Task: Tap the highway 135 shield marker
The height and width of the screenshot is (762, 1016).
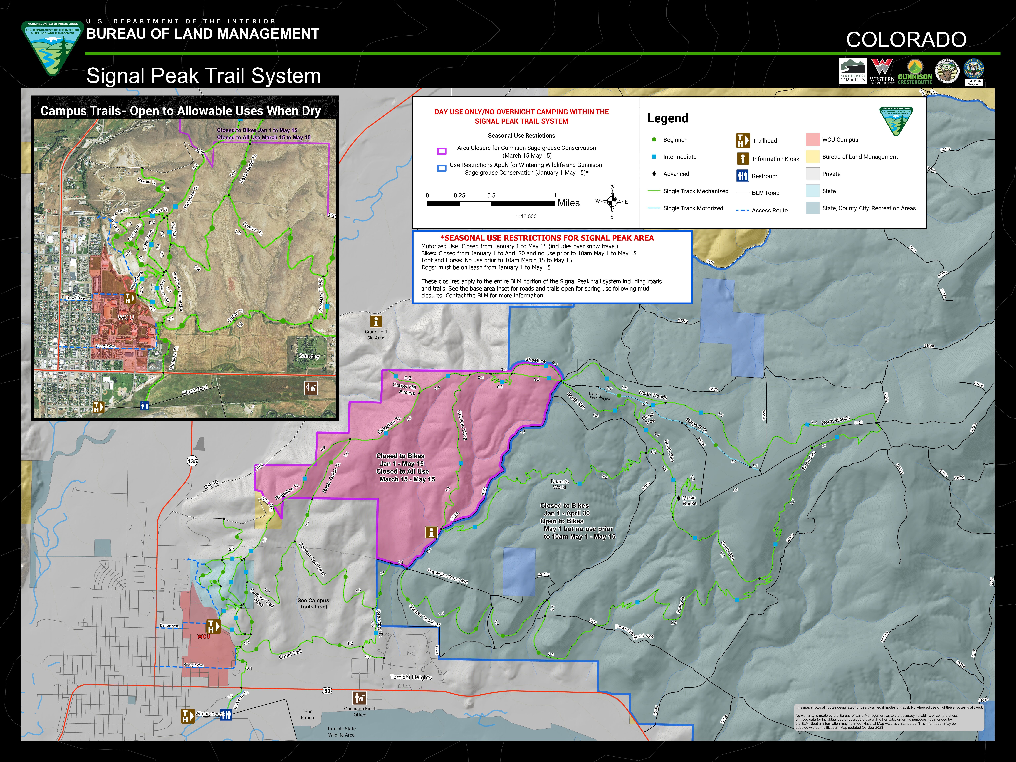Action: click(x=192, y=461)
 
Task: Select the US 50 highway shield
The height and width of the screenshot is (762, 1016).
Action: click(x=327, y=690)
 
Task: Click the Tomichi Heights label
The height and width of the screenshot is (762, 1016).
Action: click(x=411, y=677)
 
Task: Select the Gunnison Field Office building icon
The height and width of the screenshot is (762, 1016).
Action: click(x=359, y=698)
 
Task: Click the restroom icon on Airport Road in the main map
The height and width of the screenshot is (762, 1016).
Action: click(x=226, y=715)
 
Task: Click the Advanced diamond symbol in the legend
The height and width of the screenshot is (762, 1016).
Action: click(x=654, y=174)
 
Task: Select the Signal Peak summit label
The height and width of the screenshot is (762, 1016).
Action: click(x=593, y=395)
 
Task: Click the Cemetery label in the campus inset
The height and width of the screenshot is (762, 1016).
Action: click(x=309, y=356)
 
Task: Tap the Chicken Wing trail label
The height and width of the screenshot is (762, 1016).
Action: click(x=462, y=425)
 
